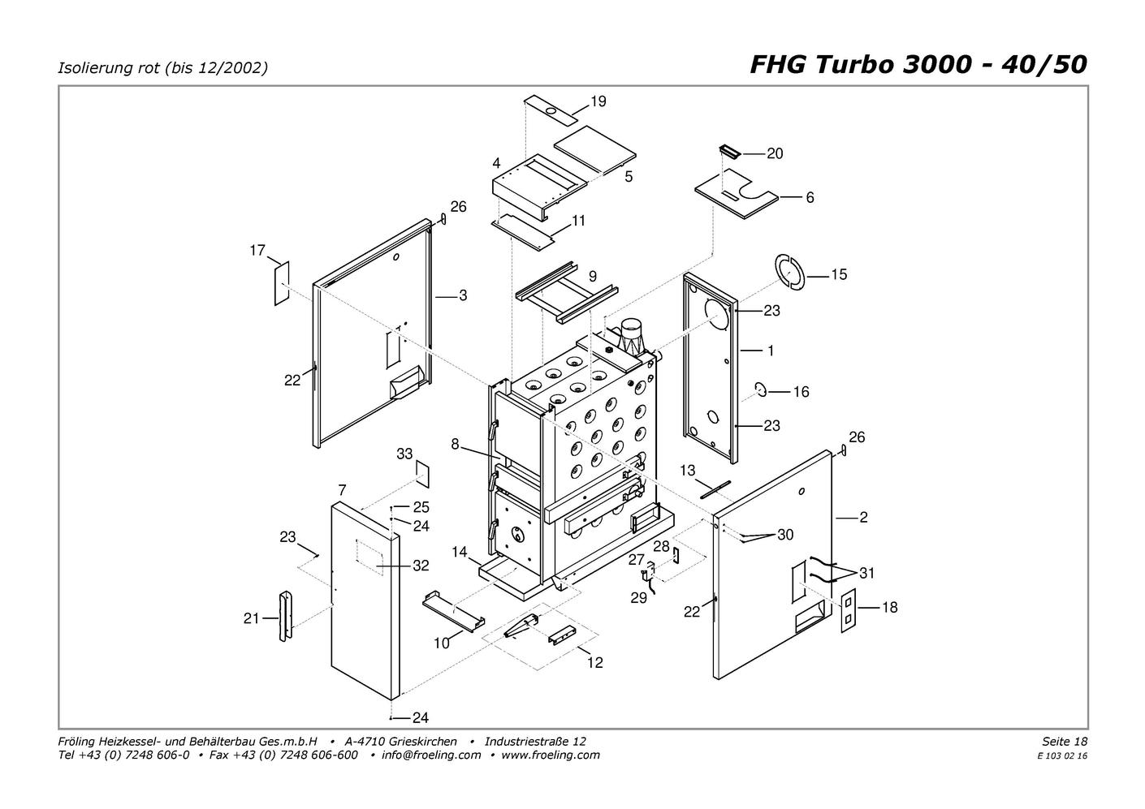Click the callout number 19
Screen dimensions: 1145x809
point(598,101)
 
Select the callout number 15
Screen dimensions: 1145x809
point(839,275)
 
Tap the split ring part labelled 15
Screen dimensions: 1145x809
point(790,272)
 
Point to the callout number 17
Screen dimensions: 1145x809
point(257,250)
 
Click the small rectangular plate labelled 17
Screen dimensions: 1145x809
point(282,283)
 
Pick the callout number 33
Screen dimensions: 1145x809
point(404,454)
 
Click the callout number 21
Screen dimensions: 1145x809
point(251,618)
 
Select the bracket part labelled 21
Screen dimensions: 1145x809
point(285,616)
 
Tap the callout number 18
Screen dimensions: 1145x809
point(889,607)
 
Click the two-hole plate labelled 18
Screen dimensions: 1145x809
point(849,611)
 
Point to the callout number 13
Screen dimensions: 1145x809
point(688,471)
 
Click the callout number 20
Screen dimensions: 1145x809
point(775,153)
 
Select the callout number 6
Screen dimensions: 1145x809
point(810,198)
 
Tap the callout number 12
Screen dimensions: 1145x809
point(595,662)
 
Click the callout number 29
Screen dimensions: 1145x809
point(638,598)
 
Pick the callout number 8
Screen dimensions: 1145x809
point(455,445)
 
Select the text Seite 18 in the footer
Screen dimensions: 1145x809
point(1065,741)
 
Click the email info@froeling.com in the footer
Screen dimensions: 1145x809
point(431,755)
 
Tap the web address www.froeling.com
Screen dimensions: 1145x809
point(551,755)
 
